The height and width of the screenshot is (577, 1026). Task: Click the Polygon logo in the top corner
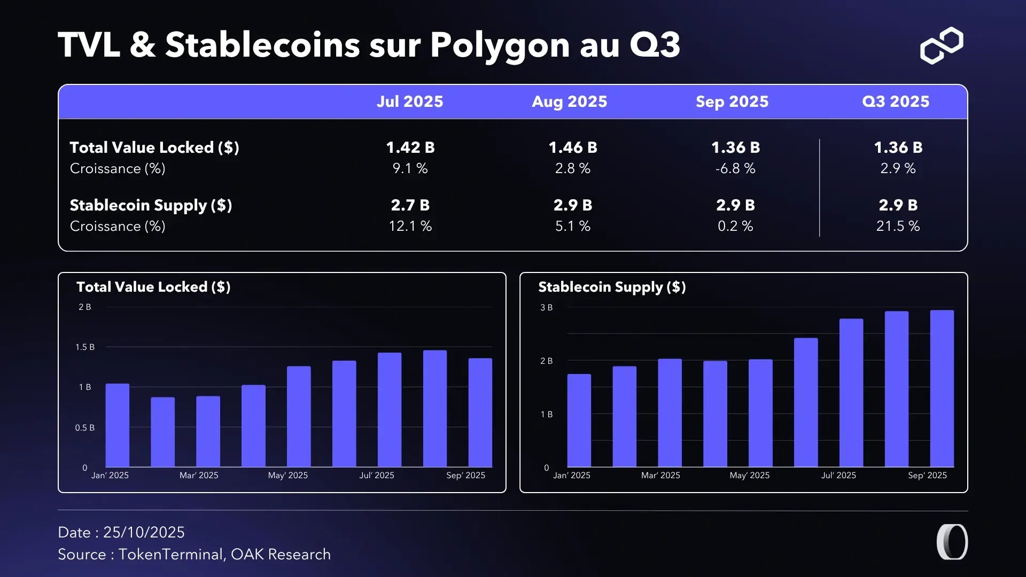942,45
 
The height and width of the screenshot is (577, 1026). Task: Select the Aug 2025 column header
569,102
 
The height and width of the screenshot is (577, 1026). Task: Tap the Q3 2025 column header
896,102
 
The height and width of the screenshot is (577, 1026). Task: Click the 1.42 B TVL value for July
410,147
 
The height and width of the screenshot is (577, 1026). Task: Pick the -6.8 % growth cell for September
735,169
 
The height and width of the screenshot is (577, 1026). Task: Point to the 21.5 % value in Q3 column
898,227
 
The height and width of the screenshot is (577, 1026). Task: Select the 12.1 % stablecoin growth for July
410,227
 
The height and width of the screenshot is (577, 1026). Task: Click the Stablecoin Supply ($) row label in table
151,206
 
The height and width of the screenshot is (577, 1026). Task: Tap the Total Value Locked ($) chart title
153,287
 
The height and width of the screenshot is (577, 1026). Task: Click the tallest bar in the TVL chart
434,409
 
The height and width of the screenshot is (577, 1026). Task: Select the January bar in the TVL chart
118,425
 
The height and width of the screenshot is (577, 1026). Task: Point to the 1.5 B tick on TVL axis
85,347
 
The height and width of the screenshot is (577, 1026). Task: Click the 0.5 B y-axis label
85,428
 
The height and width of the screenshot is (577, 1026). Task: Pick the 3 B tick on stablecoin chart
546,308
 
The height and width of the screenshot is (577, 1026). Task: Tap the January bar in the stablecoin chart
579,420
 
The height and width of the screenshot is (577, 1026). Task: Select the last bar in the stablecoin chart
942,388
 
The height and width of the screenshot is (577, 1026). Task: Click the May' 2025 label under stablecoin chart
749,475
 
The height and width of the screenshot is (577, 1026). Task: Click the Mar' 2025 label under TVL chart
199,475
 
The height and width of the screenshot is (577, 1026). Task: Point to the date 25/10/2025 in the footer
144,533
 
